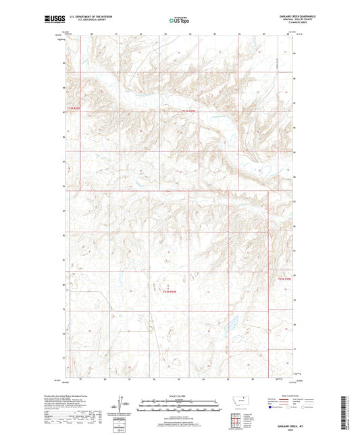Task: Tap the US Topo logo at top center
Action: click(x=179, y=20)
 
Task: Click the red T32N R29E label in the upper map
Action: click(x=192, y=111)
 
